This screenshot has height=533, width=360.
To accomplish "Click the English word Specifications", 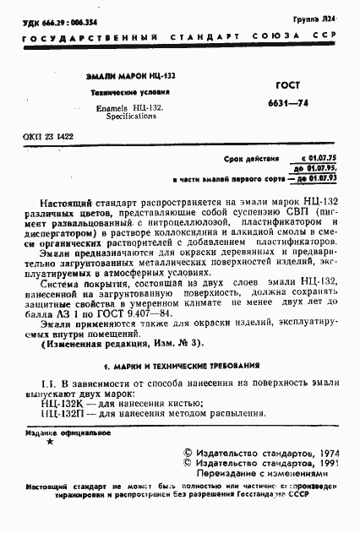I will coord(131,117).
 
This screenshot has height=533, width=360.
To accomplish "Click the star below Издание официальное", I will coord(49,442).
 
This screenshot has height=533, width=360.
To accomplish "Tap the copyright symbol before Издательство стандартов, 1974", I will coord(189,453).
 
